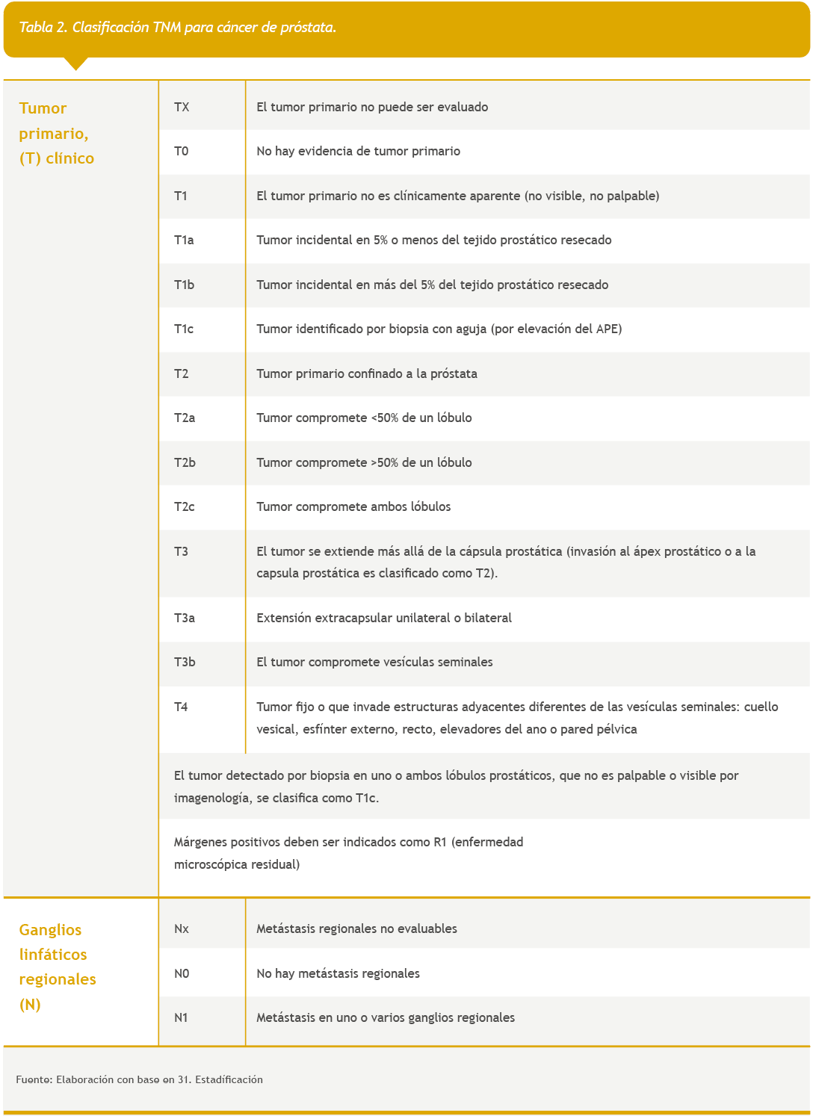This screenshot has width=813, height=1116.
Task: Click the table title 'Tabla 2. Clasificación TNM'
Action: [177, 28]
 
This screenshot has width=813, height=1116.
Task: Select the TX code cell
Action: [182, 107]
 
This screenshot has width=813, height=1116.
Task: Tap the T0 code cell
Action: [182, 151]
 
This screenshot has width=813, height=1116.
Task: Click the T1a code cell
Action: [184, 240]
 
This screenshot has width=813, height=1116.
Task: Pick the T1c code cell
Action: [184, 329]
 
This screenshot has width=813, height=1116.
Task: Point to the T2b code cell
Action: [185, 462]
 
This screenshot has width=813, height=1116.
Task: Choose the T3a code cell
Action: [185, 618]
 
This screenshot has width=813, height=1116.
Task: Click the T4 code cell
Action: [182, 707]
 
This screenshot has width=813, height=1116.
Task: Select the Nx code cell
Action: [182, 929]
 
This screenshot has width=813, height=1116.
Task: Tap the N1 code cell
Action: [182, 1017]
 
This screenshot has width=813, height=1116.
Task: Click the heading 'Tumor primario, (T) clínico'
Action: [57, 133]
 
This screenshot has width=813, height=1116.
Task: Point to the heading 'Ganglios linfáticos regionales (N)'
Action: [58, 967]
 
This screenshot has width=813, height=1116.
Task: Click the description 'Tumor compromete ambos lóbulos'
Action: [353, 506]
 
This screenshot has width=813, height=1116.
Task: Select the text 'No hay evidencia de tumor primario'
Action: [358, 151]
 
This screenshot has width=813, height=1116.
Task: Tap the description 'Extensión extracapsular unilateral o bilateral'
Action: [384, 618]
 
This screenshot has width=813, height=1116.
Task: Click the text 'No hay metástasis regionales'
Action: [338, 973]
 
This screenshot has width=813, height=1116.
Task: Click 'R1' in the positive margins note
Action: [439, 842]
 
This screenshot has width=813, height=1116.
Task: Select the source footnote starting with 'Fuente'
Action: [139, 1079]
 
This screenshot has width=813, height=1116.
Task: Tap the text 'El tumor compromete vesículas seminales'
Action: [374, 662]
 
